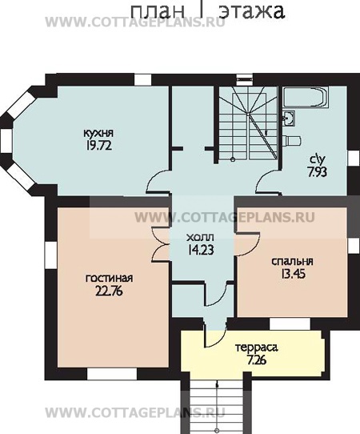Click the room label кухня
pos(98,134)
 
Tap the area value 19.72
pos(98,145)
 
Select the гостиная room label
pos(110,278)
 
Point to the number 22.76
pos(109,291)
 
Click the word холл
pos(200,238)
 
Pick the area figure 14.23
pos(201,250)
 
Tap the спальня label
pos(292,262)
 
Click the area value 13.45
pos(293,274)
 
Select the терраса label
pos(256,348)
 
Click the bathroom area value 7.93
pos(317,172)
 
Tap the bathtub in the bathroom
pos(306,97)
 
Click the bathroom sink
pos(289,118)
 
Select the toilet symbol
pos(292,141)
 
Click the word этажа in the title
pos(251,11)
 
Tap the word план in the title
pos(158,12)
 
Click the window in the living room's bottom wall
pos(112,374)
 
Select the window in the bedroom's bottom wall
pos(290,323)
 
